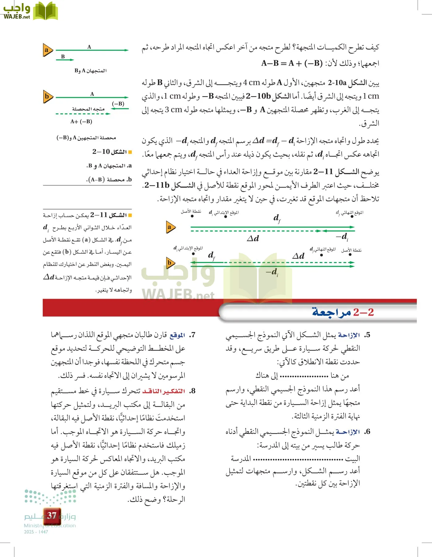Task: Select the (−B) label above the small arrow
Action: click(118, 104)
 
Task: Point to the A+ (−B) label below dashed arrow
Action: click(81, 122)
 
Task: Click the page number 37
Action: click(52, 516)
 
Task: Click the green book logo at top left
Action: click(45, 11)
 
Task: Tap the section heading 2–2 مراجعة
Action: click(343, 312)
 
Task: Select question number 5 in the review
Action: click(367, 335)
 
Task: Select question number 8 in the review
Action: click(192, 391)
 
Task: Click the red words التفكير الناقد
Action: click(163, 391)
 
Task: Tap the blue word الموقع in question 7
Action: click(177, 335)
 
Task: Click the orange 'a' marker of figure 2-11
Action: click(170, 227)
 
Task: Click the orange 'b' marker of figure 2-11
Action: click(170, 263)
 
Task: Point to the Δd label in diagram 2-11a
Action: click(253, 239)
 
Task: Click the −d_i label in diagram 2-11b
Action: click(272, 272)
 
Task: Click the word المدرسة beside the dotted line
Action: click(241, 459)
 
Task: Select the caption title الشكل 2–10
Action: click(110, 152)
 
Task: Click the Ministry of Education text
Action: click(50, 525)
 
